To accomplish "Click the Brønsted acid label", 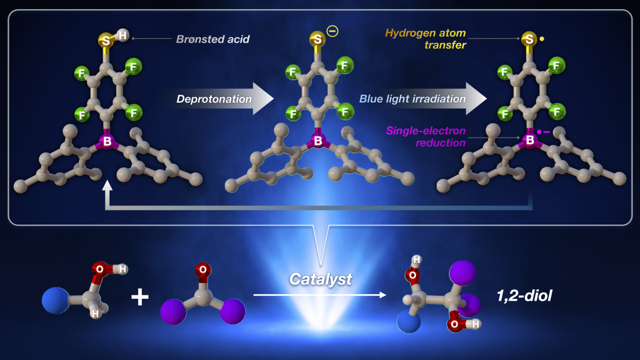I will point(212,39).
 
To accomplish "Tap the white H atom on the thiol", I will point(123,35).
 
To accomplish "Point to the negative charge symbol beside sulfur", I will point(332,32).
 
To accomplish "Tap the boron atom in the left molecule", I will point(107,142).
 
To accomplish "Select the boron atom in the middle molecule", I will point(318,141).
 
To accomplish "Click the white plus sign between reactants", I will point(140,297).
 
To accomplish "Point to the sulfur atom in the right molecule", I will point(529,38).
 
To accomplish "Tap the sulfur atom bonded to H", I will point(106,39).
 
